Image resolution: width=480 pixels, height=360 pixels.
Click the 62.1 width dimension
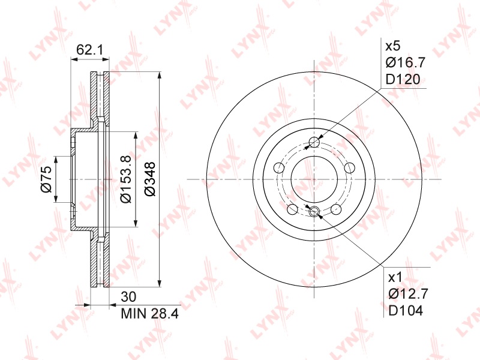click(x=89, y=50)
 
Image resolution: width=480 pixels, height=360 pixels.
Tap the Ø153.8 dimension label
click(x=126, y=179)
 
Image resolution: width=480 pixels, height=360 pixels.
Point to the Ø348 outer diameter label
click(x=149, y=179)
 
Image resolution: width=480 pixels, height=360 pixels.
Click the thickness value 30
click(x=128, y=296)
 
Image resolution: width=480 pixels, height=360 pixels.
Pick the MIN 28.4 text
click(x=149, y=313)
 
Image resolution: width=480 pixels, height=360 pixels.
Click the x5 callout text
click(x=393, y=47)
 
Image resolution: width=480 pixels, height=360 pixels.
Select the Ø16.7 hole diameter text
click(x=406, y=63)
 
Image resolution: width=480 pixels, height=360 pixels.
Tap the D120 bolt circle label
click(x=403, y=79)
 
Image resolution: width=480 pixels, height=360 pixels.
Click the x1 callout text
click(x=395, y=278)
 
